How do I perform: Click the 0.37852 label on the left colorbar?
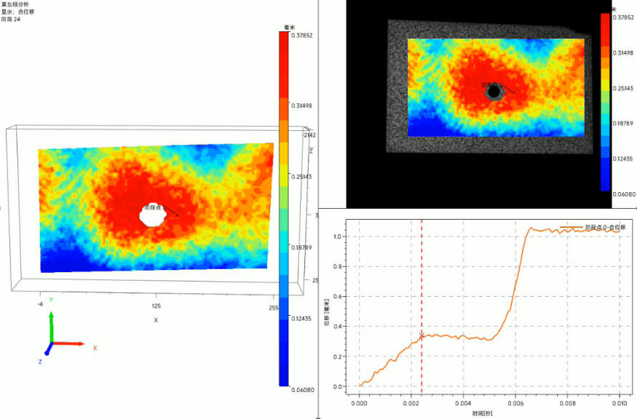(x=301, y=34)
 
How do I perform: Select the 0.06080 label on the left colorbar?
(x=302, y=390)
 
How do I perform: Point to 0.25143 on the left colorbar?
(x=301, y=177)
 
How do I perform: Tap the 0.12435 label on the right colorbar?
(x=623, y=158)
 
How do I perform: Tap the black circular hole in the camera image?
(x=494, y=92)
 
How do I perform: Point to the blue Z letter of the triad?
(x=40, y=362)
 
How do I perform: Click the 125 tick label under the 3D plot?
(x=155, y=307)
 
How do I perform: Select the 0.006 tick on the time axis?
(x=515, y=402)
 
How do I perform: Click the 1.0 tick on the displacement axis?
(x=336, y=236)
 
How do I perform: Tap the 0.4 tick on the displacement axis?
(x=336, y=327)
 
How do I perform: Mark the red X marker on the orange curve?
(x=422, y=335)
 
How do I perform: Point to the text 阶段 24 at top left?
(x=11, y=20)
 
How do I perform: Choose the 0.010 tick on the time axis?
(x=618, y=402)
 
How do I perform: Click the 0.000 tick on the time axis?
(x=360, y=402)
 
